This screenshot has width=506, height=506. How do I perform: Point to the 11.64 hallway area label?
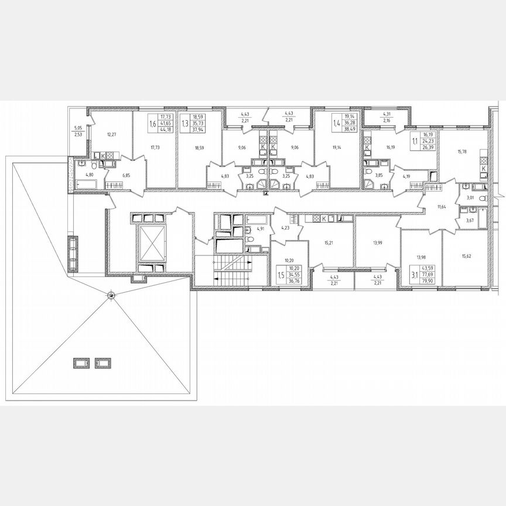click(x=442, y=207)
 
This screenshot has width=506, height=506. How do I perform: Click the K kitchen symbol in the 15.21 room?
click(x=324, y=218)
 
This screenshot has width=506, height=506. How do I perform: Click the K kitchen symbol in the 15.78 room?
click(x=483, y=167)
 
